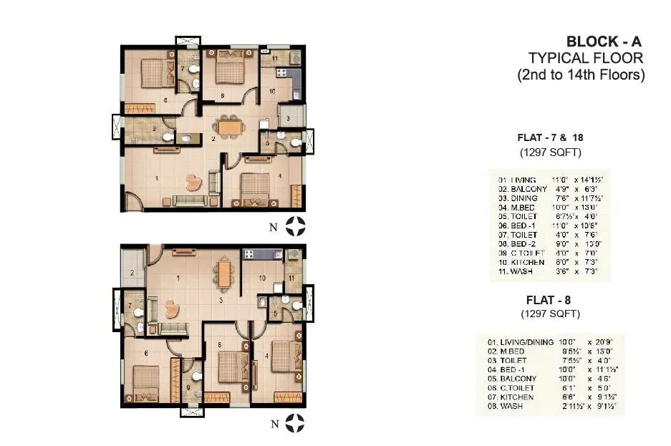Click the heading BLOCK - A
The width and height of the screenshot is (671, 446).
tap(604, 42)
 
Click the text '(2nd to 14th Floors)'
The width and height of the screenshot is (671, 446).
tap(581, 74)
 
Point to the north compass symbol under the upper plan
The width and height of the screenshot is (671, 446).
tap(295, 226)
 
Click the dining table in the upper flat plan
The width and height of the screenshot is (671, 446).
tap(230, 127)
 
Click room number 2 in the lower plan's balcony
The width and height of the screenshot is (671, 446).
tap(132, 272)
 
